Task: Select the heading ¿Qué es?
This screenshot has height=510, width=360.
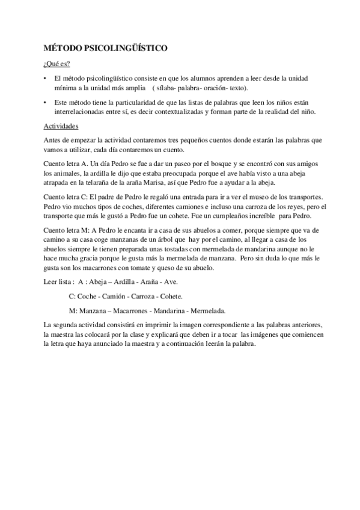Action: point(57,64)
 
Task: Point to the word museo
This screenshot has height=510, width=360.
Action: point(265,197)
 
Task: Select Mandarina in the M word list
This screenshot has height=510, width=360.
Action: point(175,311)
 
